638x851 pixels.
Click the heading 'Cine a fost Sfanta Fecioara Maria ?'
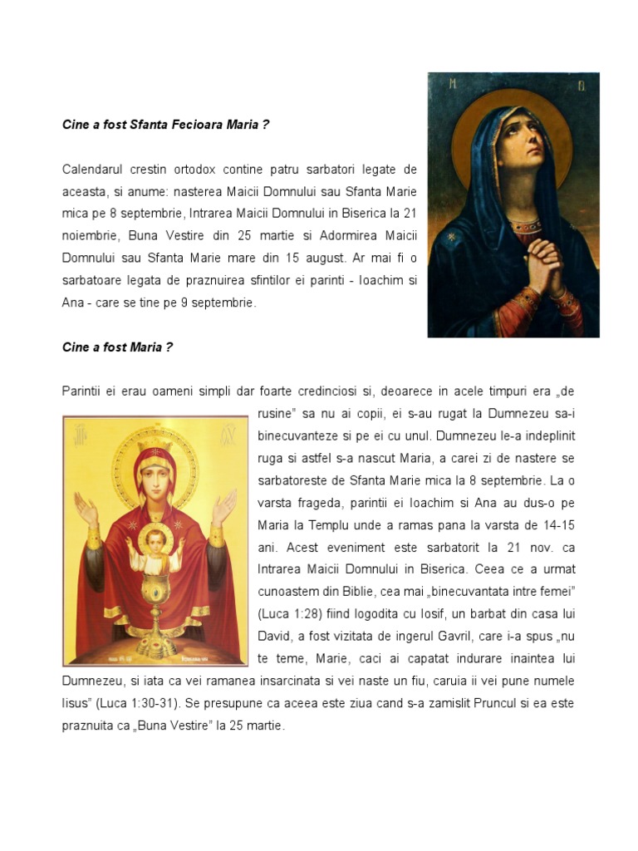[166, 125]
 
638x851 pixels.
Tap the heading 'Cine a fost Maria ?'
[117, 347]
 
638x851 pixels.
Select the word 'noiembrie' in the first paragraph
[89, 237]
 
